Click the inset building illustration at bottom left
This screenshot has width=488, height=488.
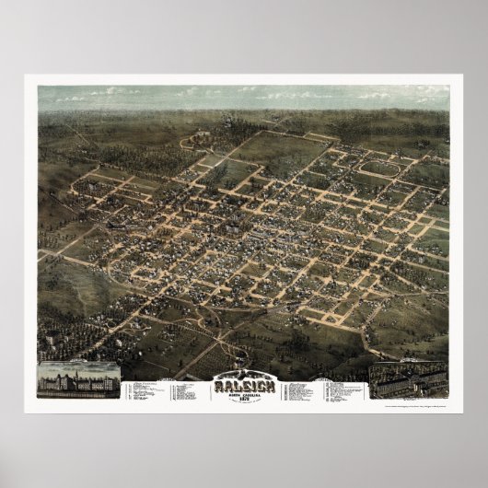(77, 378)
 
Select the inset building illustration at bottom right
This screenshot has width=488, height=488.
(408, 378)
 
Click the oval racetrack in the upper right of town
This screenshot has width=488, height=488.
(379, 168)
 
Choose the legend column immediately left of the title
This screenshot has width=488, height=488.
(189, 385)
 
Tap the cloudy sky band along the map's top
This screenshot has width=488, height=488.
(243, 96)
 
